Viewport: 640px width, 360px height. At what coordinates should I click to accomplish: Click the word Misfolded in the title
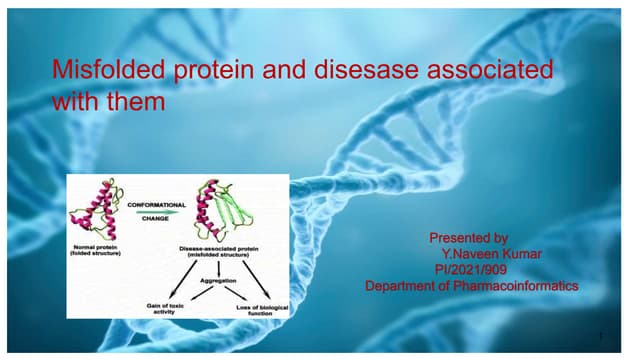[100, 71]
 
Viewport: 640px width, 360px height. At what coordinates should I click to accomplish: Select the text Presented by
[468, 238]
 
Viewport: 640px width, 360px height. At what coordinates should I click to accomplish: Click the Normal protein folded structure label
[95, 248]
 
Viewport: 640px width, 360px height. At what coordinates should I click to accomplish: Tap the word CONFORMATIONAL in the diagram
[155, 205]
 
